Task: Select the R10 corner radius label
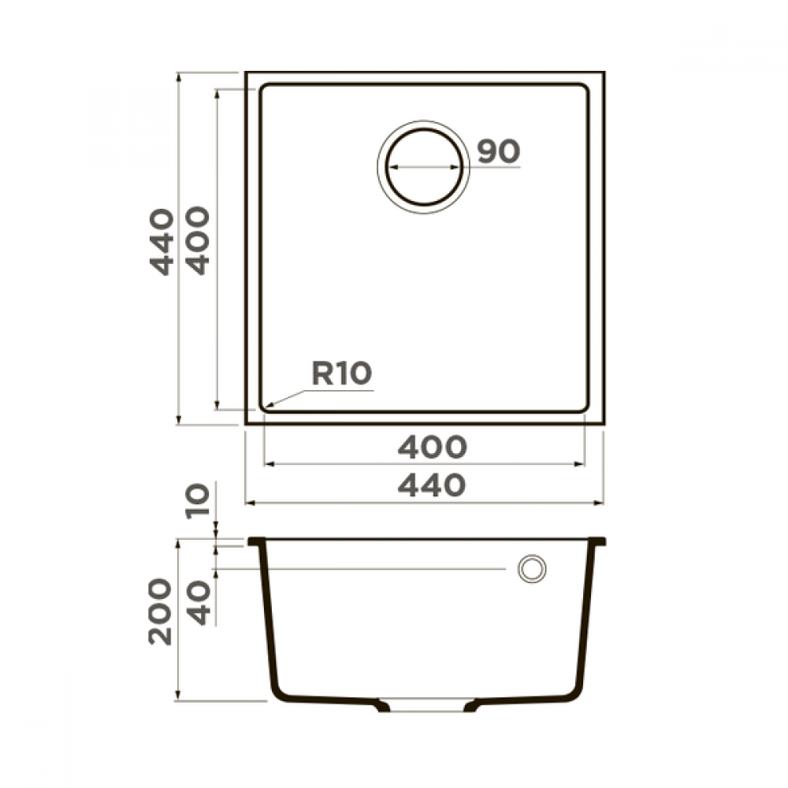click(x=340, y=374)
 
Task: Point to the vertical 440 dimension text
click(x=162, y=241)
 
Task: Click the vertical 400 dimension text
click(x=199, y=240)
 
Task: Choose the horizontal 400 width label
click(x=432, y=448)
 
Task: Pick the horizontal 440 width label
click(x=432, y=485)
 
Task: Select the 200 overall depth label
click(x=161, y=611)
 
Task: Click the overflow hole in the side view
click(x=531, y=568)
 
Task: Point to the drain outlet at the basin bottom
click(x=426, y=706)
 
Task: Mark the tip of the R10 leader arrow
click(x=266, y=407)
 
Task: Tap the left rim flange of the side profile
click(x=256, y=542)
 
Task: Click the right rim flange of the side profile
click(x=597, y=542)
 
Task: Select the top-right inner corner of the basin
click(x=584, y=87)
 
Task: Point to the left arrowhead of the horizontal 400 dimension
click(x=266, y=463)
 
